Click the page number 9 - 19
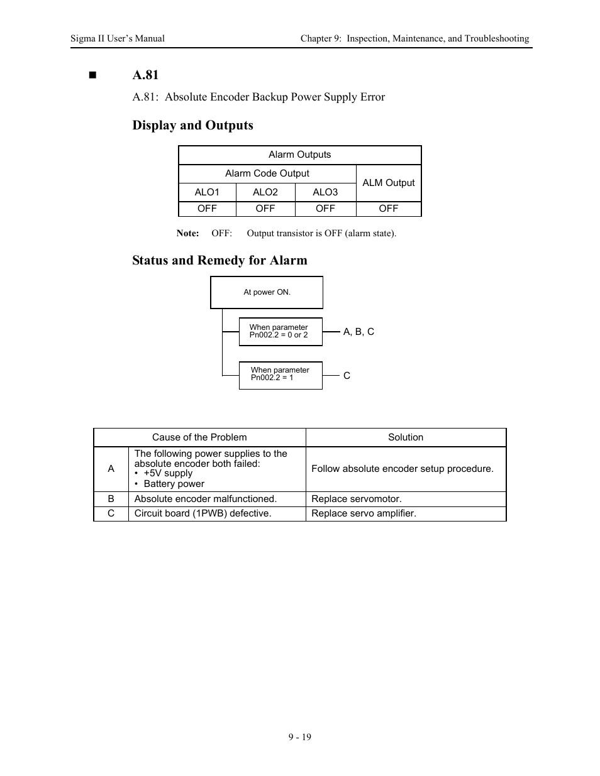(x=300, y=737)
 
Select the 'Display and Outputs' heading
(x=192, y=125)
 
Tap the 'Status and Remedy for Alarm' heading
(x=219, y=260)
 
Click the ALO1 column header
(x=207, y=192)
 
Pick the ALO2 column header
(x=265, y=192)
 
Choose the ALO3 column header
(x=325, y=192)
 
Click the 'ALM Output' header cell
(x=389, y=183)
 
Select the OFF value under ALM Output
(x=389, y=209)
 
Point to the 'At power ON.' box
(x=267, y=292)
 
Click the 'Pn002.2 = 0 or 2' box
(x=281, y=331)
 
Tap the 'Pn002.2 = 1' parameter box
(x=281, y=374)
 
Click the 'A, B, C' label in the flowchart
(x=358, y=332)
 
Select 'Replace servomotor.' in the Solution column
(x=357, y=499)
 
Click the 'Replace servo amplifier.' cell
(x=364, y=513)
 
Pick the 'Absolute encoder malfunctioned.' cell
(x=206, y=499)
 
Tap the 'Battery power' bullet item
(x=174, y=484)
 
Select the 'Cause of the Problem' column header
(x=199, y=437)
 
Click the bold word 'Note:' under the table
(x=187, y=233)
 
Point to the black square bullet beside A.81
(x=94, y=75)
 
